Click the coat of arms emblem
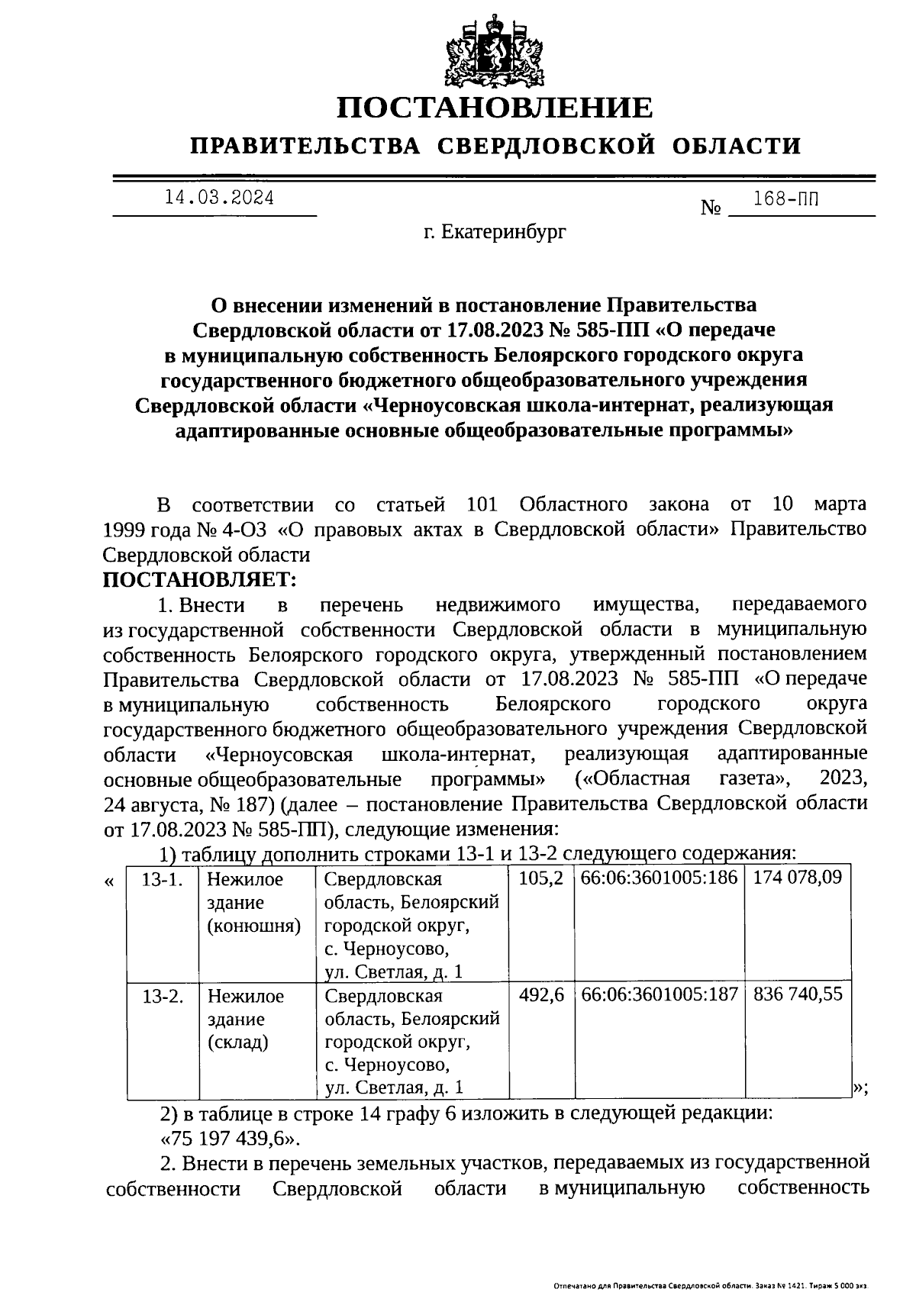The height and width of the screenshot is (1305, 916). click(496, 50)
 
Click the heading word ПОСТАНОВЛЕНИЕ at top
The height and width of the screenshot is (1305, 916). click(496, 108)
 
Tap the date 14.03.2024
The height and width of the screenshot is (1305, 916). click(219, 198)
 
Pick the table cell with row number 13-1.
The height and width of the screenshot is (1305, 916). click(163, 878)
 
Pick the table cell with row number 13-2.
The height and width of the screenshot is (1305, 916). click(163, 995)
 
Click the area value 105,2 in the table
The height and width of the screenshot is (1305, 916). click(541, 878)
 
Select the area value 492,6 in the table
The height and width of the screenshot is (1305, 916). click(541, 994)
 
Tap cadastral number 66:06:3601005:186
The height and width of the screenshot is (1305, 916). click(659, 878)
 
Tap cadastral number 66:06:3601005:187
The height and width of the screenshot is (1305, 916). click(659, 994)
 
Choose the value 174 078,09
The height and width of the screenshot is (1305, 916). click(797, 878)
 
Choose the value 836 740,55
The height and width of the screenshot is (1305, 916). click(797, 994)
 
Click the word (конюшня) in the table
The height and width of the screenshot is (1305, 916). click(254, 926)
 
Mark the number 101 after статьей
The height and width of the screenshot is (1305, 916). click(481, 504)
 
